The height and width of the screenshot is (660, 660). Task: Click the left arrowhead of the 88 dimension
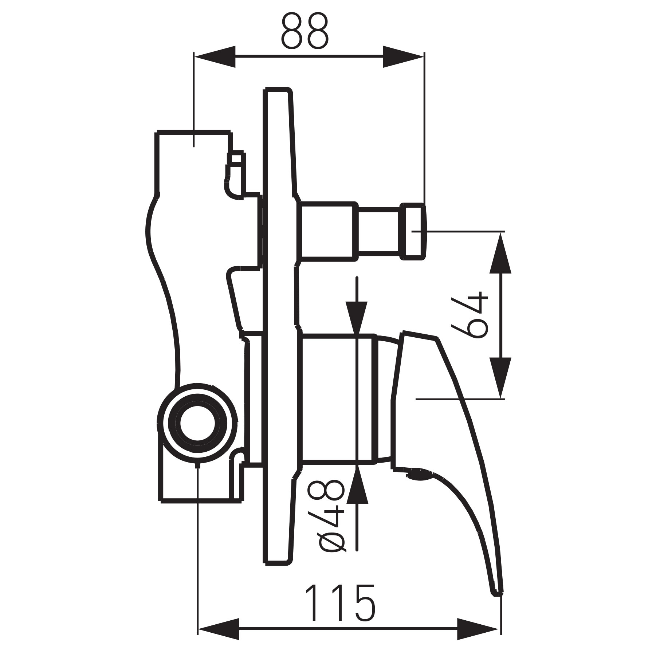point(215,56)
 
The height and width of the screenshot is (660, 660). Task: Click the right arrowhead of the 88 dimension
point(403,56)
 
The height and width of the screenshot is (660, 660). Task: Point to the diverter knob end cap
point(413,232)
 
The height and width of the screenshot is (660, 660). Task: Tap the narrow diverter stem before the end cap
point(378,232)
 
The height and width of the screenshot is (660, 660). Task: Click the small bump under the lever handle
point(419,475)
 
